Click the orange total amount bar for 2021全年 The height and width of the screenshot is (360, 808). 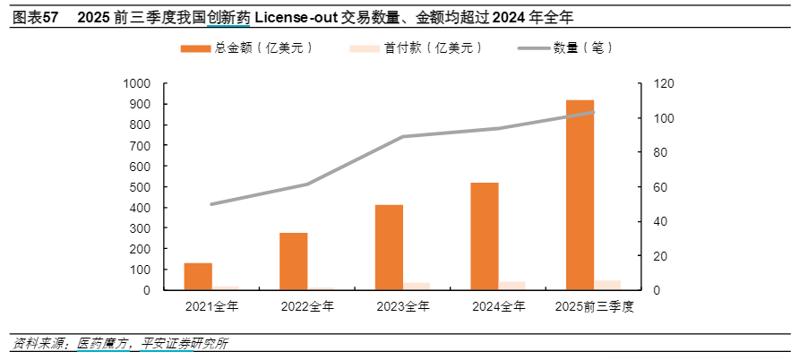point(198,277)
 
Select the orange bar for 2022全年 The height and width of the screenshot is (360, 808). point(294,261)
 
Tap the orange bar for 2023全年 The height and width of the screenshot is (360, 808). point(389,247)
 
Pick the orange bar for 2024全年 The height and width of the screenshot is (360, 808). point(485,236)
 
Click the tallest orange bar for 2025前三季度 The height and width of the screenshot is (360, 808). point(580,195)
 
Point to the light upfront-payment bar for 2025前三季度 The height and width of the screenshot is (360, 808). point(607,285)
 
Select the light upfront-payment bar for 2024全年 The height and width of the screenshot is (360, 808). point(511,286)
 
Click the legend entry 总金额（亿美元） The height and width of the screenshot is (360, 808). point(246,47)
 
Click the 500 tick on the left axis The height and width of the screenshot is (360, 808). point(142,187)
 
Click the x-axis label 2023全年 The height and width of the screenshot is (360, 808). point(402,307)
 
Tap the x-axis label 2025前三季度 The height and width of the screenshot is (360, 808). point(594,307)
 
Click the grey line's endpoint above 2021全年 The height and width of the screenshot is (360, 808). point(211,204)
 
